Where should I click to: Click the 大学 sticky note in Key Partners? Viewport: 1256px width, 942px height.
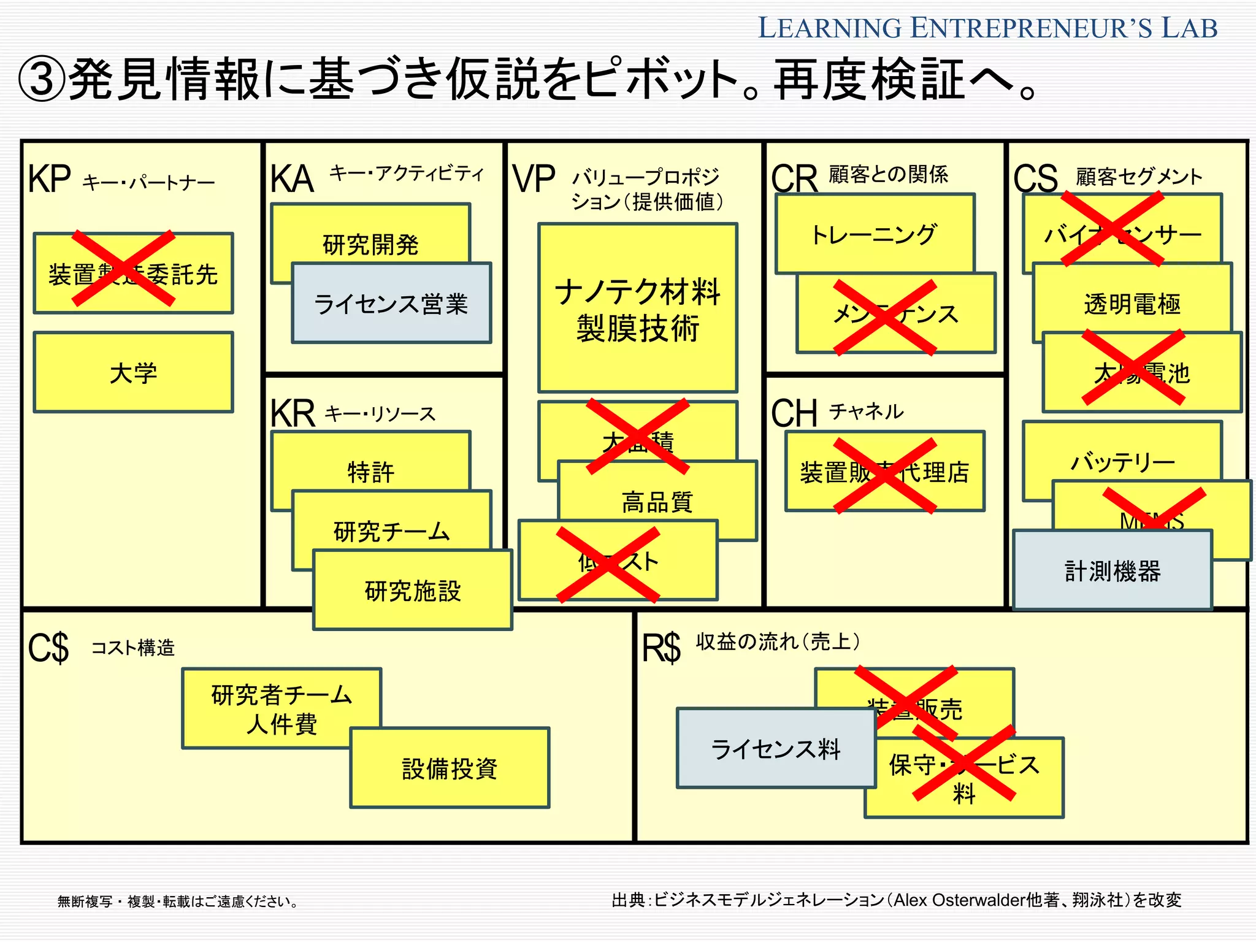click(x=133, y=372)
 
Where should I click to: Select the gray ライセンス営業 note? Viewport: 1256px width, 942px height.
click(x=391, y=304)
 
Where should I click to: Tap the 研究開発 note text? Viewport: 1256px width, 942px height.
click(x=370, y=245)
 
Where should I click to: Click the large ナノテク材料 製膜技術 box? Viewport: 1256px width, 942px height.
click(x=637, y=308)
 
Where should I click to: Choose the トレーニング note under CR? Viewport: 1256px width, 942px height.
click(x=874, y=234)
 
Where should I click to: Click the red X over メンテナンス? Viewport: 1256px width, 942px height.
click(x=885, y=317)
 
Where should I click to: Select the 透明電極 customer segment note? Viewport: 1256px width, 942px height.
click(x=1132, y=304)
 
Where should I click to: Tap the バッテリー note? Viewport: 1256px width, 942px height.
click(x=1122, y=461)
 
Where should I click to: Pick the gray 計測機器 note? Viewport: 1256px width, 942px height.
click(x=1112, y=570)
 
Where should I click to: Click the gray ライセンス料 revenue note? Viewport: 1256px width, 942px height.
click(x=775, y=749)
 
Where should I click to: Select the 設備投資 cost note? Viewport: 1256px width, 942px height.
click(x=450, y=768)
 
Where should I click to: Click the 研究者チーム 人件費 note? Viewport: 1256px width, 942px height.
click(x=281, y=708)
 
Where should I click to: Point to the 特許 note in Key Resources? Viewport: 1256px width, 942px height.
click(x=370, y=472)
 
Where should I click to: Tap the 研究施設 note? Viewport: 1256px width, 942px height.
click(x=412, y=591)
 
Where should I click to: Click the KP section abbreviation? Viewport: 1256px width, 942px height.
click(x=49, y=179)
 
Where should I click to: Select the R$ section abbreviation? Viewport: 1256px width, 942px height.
click(x=661, y=648)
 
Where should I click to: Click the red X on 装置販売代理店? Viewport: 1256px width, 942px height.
click(x=885, y=475)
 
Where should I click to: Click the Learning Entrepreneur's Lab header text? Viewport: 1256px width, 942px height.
click(x=987, y=28)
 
